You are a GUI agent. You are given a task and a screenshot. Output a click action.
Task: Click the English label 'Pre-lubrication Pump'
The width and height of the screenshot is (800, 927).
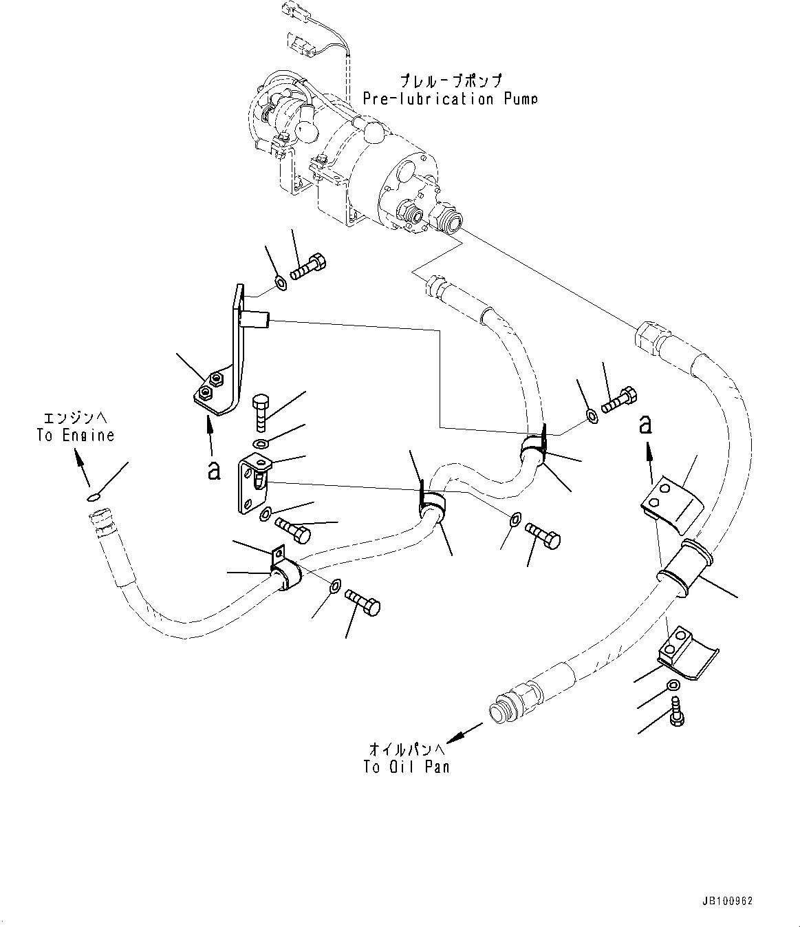point(449,99)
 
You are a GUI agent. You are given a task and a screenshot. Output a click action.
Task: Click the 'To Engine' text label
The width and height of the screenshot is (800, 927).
point(76,436)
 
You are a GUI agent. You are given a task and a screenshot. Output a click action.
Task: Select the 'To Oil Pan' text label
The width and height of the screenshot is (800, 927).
point(407,767)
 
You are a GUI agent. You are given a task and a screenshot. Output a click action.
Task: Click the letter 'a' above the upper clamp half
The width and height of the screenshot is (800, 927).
point(645,424)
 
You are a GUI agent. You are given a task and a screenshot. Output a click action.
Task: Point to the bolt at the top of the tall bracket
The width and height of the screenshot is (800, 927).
point(308,266)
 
